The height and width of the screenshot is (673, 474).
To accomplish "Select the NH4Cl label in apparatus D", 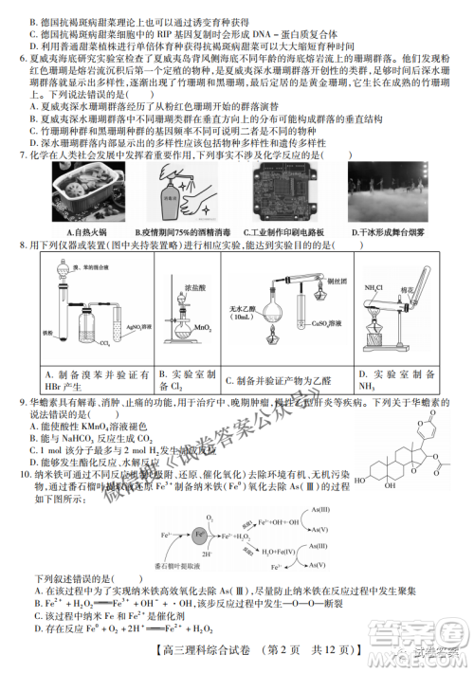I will (x=374, y=287).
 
